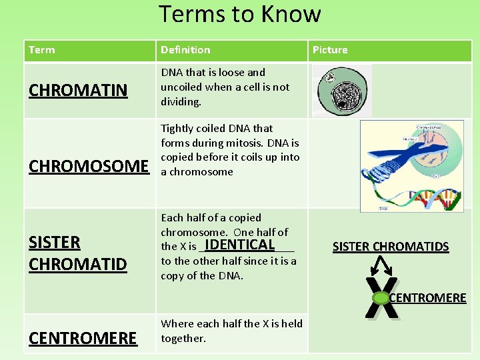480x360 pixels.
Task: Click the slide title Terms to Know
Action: click(240, 14)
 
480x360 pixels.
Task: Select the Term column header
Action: click(42, 50)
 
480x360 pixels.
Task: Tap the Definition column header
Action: click(185, 50)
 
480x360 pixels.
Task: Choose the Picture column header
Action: click(330, 50)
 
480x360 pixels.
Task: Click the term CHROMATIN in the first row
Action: click(78, 91)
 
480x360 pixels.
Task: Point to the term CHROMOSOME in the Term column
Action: click(89, 166)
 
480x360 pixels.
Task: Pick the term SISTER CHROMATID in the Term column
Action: click(77, 253)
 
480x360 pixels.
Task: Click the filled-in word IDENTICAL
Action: click(240, 245)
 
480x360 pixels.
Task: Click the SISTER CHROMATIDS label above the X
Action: click(390, 247)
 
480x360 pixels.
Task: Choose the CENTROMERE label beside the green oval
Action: click(427, 298)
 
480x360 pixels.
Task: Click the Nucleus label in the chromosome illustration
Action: click(409, 140)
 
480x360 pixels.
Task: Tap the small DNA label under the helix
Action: click(384, 209)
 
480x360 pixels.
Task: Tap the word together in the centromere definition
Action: click(183, 339)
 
